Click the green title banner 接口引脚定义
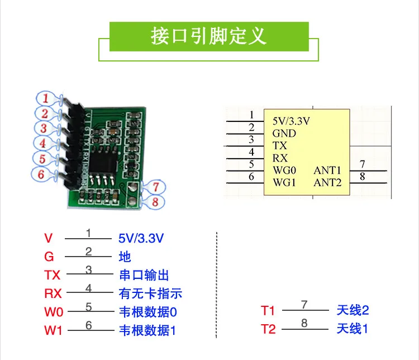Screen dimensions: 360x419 pos(209,36)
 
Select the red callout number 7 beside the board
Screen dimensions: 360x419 pos(156,187)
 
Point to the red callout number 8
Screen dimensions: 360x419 pos(155,201)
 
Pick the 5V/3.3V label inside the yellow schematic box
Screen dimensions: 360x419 pos(291,120)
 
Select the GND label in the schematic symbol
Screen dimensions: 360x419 pos(284,133)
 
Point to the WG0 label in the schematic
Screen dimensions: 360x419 pos(285,170)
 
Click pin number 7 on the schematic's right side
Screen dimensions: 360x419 pos(363,164)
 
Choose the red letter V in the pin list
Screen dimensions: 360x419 pos(48,239)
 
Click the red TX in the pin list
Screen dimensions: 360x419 pos(52,275)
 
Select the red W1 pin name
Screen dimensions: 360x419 pos(53,330)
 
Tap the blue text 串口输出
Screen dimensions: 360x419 pos(144,275)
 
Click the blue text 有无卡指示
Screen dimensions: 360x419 pos(150,293)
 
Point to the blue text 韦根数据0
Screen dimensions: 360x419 pos(147,311)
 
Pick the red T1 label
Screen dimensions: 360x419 pos(268,311)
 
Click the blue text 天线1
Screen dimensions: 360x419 pos(353,329)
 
